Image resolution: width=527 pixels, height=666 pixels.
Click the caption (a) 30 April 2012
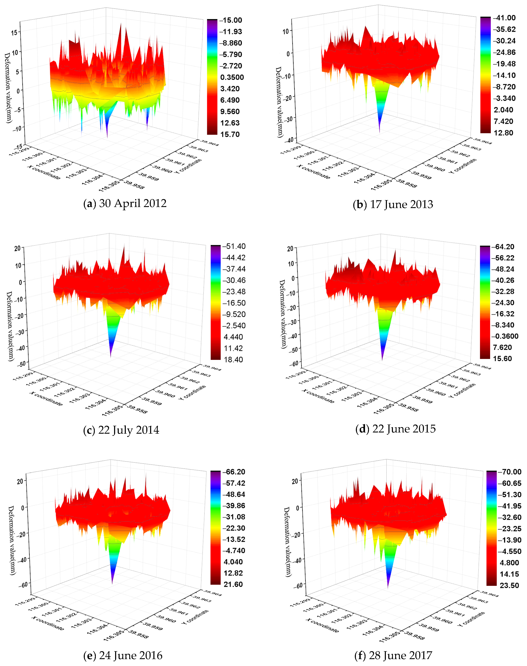coord(125,203)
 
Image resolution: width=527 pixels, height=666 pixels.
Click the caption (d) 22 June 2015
coord(396,429)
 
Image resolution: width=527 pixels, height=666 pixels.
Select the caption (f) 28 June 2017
coord(393,655)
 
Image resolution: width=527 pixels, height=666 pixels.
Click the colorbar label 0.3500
coord(232,77)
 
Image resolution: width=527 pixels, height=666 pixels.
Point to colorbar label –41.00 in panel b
coord(504,18)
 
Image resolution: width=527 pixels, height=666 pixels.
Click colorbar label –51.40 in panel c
coord(234,246)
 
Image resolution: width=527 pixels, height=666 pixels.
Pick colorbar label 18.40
coord(233,360)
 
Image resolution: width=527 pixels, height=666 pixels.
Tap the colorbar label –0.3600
coord(505,336)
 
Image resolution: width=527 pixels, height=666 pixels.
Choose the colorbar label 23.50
coord(509,586)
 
